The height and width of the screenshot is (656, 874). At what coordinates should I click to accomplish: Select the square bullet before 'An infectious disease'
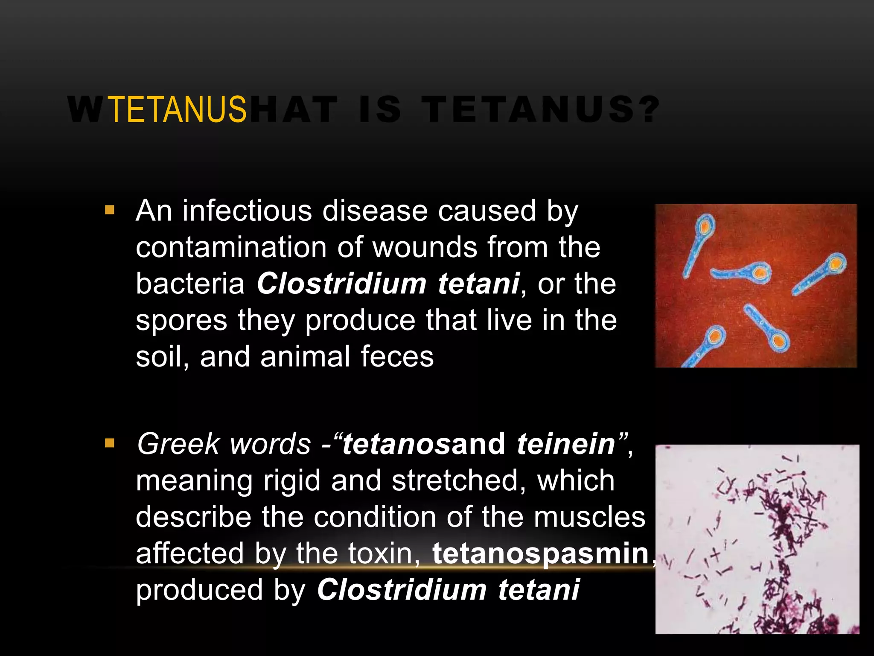(x=110, y=210)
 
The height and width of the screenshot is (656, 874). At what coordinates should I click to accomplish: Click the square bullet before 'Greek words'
(x=110, y=443)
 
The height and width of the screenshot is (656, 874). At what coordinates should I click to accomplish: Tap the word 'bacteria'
(x=190, y=284)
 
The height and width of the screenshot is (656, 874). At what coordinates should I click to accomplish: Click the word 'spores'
(x=181, y=321)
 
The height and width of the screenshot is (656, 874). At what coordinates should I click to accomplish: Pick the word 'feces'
(x=397, y=357)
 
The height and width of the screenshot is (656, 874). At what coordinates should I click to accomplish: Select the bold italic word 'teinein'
(x=565, y=444)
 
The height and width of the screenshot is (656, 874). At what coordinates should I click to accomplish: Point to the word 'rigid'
(x=291, y=481)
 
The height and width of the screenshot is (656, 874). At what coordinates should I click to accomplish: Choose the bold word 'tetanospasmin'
(x=540, y=554)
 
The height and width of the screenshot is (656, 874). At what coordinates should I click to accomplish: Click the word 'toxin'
(x=380, y=554)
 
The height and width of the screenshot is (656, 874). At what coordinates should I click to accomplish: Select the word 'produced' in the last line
(x=199, y=590)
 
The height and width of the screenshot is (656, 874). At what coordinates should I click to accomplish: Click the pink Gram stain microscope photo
(x=757, y=539)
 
